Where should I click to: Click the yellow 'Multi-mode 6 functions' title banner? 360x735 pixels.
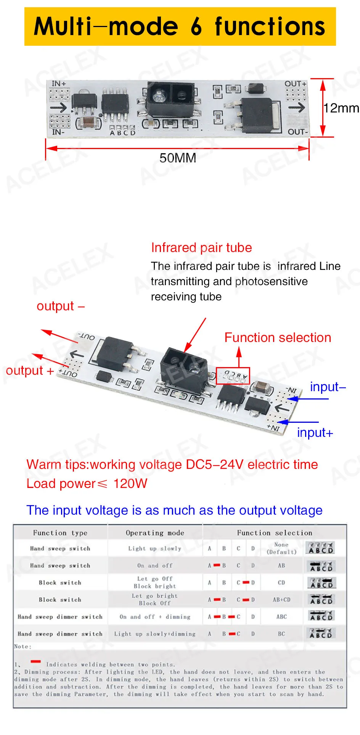pos(180,26)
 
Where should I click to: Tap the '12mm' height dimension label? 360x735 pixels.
pos(341,108)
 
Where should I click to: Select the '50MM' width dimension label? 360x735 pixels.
pos(178,158)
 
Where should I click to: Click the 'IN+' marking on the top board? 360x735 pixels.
pos(58,83)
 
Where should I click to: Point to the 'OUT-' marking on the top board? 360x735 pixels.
pos(297,132)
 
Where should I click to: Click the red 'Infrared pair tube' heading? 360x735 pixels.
pos(201,248)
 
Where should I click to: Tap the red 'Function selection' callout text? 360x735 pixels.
pos(278,338)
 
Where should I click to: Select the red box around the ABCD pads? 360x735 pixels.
pos(233,376)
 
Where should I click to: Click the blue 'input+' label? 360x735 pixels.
pos(315,433)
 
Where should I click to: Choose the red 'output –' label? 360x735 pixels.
pos(61,306)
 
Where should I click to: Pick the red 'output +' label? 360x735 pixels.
pos(30,371)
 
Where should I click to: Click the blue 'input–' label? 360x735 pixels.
pos(328,387)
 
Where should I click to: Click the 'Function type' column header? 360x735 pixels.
pos(60,533)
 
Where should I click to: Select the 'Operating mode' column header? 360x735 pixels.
pos(155,533)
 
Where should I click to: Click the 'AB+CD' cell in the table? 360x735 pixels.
pos(281,600)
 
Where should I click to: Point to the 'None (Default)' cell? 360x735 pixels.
pos(281,548)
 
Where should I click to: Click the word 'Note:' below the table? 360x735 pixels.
pos(22,647)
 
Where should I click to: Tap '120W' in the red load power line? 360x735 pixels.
pos(130,484)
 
